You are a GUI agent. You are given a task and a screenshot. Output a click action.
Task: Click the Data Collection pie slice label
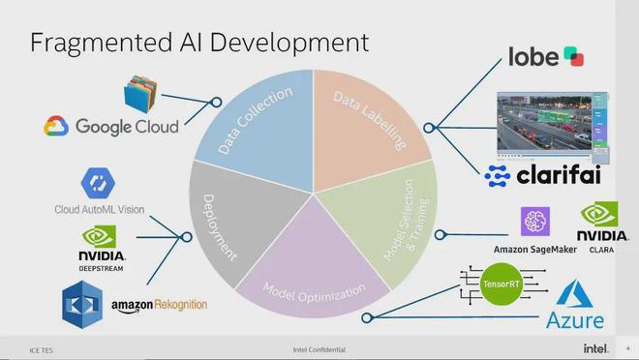(x=256, y=121)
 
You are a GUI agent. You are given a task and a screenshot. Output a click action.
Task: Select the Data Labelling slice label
(x=370, y=121)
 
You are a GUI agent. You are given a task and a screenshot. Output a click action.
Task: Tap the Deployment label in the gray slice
(x=219, y=228)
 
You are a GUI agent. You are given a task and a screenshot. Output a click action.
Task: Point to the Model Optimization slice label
(x=314, y=293)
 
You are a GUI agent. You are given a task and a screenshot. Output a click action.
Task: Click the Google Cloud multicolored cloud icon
(x=56, y=126)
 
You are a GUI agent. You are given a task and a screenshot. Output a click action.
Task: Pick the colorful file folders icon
(x=140, y=94)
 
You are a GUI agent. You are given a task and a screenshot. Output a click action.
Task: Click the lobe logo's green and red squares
(x=574, y=56)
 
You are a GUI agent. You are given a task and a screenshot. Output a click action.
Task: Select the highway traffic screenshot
(x=553, y=128)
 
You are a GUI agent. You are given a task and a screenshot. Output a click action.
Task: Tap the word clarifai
(x=559, y=175)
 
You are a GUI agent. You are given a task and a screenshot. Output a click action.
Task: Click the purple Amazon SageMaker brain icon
(x=535, y=222)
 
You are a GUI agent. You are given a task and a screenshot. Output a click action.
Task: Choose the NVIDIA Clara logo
(x=602, y=227)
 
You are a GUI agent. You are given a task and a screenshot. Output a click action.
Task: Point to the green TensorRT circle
(x=501, y=284)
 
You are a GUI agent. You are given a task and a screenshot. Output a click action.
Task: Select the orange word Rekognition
(x=181, y=304)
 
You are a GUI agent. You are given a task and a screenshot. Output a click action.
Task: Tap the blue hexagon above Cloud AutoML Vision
(x=98, y=183)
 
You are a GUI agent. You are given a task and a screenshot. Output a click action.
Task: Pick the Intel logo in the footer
(x=595, y=348)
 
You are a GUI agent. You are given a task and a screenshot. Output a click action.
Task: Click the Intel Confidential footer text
(x=319, y=349)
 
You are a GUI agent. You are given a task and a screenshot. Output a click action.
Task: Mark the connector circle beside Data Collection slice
(x=217, y=103)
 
